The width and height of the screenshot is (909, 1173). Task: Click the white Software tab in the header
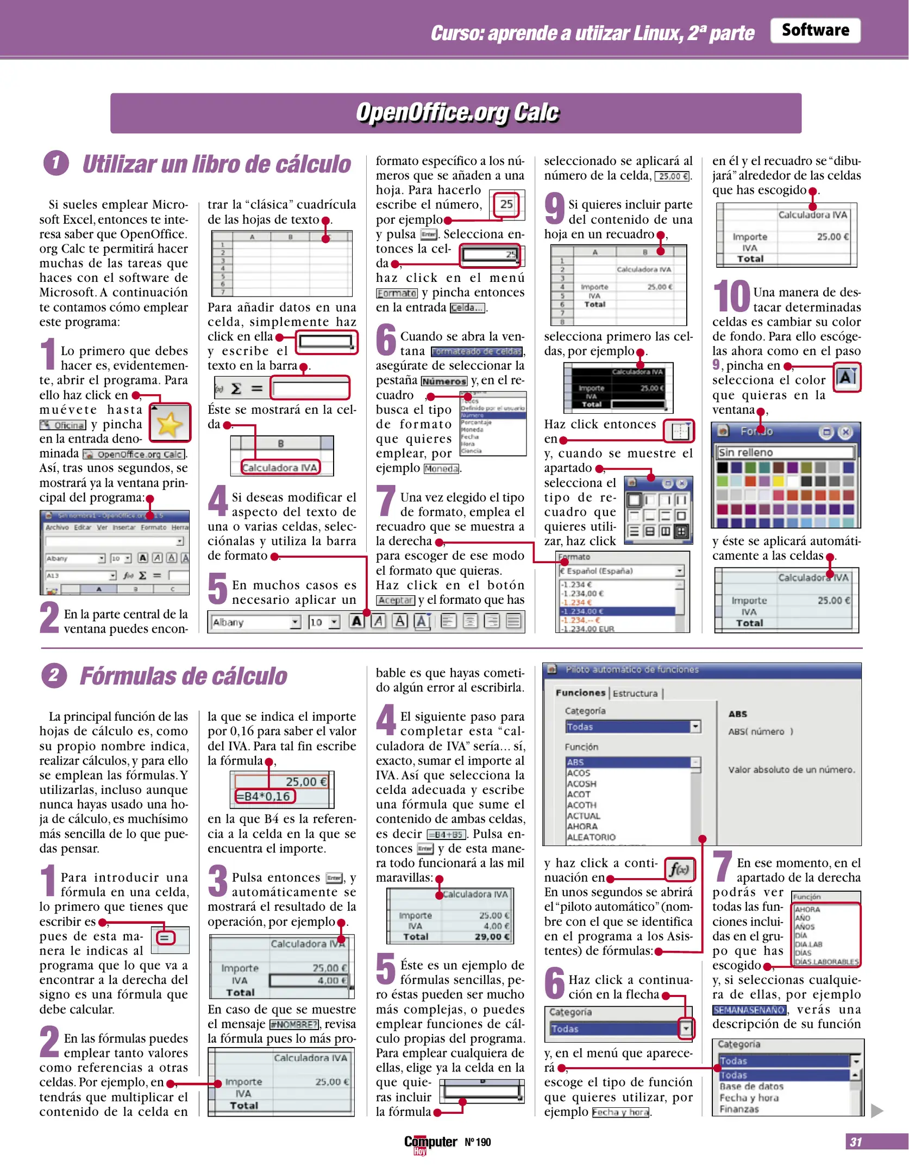814,30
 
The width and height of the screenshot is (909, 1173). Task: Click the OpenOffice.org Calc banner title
456,113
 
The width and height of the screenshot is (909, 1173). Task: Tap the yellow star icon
170,424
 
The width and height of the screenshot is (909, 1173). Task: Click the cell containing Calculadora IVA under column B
280,468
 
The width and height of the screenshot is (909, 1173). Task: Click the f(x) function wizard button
679,869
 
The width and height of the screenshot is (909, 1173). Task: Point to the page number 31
855,1142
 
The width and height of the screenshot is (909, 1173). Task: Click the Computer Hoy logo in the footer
430,1143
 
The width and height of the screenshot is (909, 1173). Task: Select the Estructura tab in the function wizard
635,693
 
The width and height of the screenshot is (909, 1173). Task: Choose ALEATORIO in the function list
591,837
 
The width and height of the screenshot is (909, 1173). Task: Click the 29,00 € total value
492,936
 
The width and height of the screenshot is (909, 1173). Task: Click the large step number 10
731,296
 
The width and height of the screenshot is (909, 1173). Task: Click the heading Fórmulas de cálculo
184,676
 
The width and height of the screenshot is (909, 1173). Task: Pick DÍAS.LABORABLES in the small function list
826,962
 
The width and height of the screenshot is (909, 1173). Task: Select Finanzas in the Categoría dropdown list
739,1109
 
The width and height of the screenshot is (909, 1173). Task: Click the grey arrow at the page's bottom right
876,1111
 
